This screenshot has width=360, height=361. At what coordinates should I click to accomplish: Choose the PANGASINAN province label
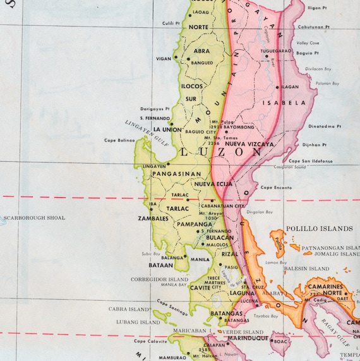tap(171, 174)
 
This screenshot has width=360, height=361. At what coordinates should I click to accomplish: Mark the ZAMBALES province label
tap(153, 219)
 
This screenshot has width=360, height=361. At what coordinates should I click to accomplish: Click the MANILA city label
tap(200, 259)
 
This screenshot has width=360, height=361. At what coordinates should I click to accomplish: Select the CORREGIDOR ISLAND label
tap(159, 279)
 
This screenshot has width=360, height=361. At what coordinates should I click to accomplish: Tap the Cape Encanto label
tap(275, 187)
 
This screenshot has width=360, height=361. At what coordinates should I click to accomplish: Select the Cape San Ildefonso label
tap(311, 161)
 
